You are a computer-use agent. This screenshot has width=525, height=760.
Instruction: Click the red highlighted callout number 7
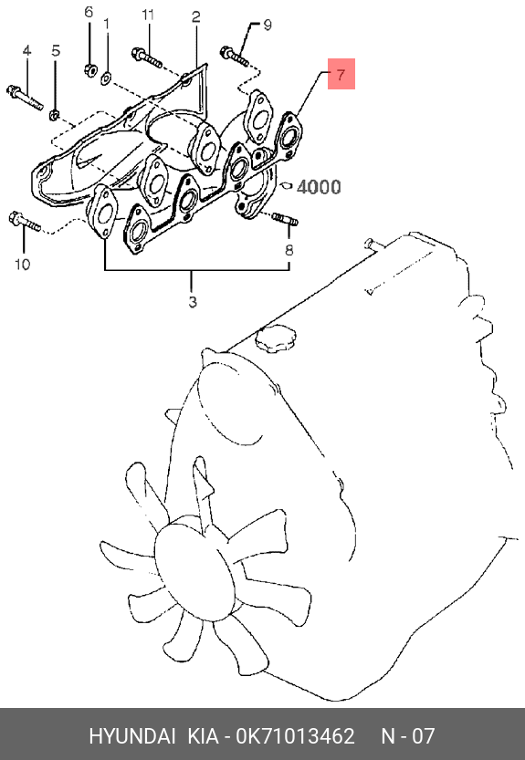(x=341, y=74)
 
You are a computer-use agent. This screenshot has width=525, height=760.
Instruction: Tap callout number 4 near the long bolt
(x=26, y=50)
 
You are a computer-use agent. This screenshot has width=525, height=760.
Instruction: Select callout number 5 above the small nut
(x=56, y=50)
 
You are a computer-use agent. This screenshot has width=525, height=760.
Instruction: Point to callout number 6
(x=89, y=12)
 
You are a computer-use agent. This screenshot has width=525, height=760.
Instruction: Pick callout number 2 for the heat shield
(x=195, y=17)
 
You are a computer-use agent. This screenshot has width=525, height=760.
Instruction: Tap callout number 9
(x=268, y=25)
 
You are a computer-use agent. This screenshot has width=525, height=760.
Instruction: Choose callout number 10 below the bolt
(x=22, y=265)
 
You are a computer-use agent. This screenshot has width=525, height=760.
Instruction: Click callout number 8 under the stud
(x=289, y=250)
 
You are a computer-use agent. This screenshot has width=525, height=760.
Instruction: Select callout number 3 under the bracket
(x=193, y=302)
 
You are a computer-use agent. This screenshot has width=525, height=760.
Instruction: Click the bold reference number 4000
(x=319, y=187)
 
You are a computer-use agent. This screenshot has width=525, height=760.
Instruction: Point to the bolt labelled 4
(x=25, y=98)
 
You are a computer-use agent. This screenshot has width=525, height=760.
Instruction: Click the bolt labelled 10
(x=25, y=222)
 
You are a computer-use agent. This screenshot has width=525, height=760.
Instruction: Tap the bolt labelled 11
(x=146, y=57)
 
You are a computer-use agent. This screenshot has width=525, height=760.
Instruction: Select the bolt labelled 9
(x=235, y=57)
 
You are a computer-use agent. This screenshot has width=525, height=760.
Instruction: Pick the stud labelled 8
(x=285, y=219)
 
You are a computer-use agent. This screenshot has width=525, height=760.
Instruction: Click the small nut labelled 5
(x=55, y=115)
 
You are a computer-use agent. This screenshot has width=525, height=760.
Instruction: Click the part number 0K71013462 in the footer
(x=295, y=735)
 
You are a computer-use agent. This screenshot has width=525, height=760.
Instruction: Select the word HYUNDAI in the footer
(x=131, y=735)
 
